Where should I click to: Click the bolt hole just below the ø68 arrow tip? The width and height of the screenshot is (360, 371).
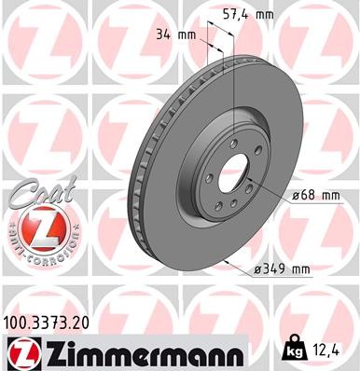254,204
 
